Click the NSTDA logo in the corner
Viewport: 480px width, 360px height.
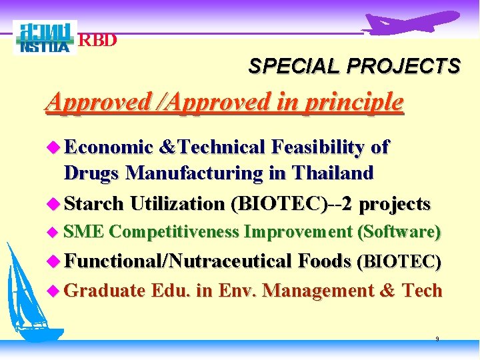[45, 38]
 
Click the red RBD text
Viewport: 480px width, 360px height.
[98, 40]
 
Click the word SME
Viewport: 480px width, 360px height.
[83, 232]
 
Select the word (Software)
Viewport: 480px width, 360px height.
[399, 232]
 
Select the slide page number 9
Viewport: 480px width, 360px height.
[437, 339]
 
